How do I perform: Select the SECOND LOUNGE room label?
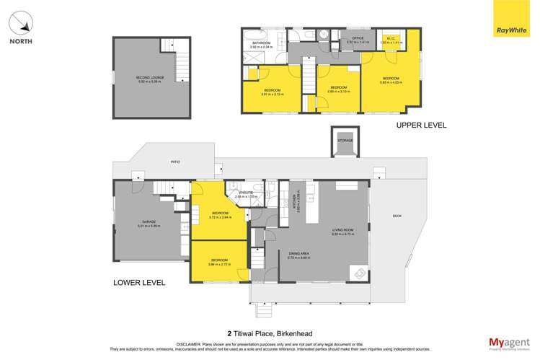tap(151, 77)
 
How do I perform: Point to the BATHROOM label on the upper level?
tap(261, 43)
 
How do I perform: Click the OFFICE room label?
tap(357, 38)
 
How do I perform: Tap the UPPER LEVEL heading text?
tap(421, 125)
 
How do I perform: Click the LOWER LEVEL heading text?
tap(140, 283)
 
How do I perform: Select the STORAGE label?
tap(345, 141)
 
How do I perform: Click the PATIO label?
tap(174, 162)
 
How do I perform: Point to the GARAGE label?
tap(149, 222)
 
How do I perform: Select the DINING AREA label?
tap(298, 253)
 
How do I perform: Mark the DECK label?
tap(397, 215)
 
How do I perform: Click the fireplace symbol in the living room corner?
tap(358, 273)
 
